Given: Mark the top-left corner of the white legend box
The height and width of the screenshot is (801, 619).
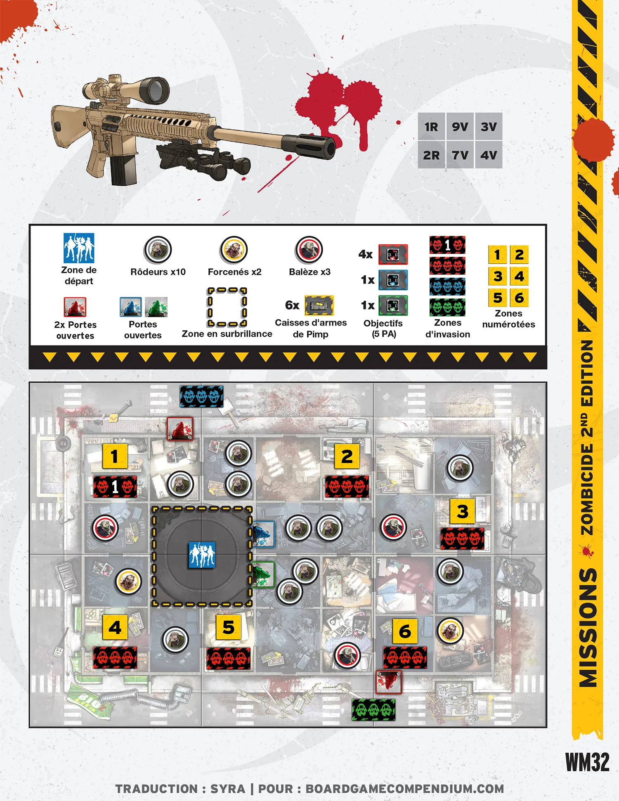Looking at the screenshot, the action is point(29,225).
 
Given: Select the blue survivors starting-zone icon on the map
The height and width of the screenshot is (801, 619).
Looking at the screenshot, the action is point(202,555).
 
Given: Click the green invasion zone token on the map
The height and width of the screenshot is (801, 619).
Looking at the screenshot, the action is point(373,710).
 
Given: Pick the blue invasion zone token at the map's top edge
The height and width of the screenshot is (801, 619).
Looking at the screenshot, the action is point(201,397).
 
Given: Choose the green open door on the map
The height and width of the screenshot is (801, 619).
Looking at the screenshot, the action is point(263,574).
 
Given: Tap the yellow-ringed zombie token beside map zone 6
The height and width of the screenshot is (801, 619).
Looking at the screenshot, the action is point(450,631).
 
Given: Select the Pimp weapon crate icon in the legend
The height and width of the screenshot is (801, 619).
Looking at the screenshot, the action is point(319,305).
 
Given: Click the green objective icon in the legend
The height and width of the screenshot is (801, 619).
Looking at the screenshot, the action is point(393,305).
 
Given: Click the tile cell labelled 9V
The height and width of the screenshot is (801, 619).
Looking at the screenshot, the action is point(460,127).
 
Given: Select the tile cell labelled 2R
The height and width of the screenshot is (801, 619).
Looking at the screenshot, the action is point(431,155).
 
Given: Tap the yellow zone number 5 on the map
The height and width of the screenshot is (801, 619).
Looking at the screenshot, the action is point(229,627).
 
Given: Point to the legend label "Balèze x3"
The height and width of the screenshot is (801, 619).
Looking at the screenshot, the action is point(310,272).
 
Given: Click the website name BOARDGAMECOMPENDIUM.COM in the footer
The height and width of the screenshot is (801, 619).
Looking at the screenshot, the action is point(405,789).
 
